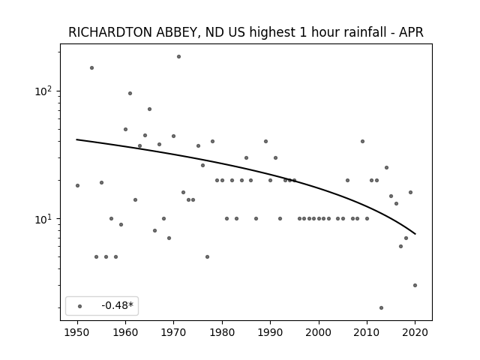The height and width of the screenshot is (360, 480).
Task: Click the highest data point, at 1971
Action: click(178, 57)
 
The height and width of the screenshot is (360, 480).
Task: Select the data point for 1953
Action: click(91, 68)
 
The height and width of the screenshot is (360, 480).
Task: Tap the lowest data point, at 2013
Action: click(381, 308)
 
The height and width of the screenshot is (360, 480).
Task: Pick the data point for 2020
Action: click(415, 285)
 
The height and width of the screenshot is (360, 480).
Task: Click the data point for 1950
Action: click(77, 185)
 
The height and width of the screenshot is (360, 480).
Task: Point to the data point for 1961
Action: click(130, 93)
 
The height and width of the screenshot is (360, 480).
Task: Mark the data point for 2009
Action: click(362, 142)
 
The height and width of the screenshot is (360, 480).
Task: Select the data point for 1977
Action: click(207, 256)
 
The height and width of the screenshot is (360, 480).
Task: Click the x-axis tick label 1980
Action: click(222, 333)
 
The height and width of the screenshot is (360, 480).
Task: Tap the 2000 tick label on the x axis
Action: click(319, 333)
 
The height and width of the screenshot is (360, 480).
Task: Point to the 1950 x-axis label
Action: click(77, 333)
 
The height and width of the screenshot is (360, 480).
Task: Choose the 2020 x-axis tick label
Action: click(415, 333)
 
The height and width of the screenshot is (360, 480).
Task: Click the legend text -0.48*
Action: click(118, 305)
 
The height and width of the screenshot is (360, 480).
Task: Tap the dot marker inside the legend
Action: click(80, 306)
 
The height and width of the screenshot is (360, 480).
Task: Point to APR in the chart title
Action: click(411, 32)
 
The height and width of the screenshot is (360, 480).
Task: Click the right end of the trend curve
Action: click(415, 234)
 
